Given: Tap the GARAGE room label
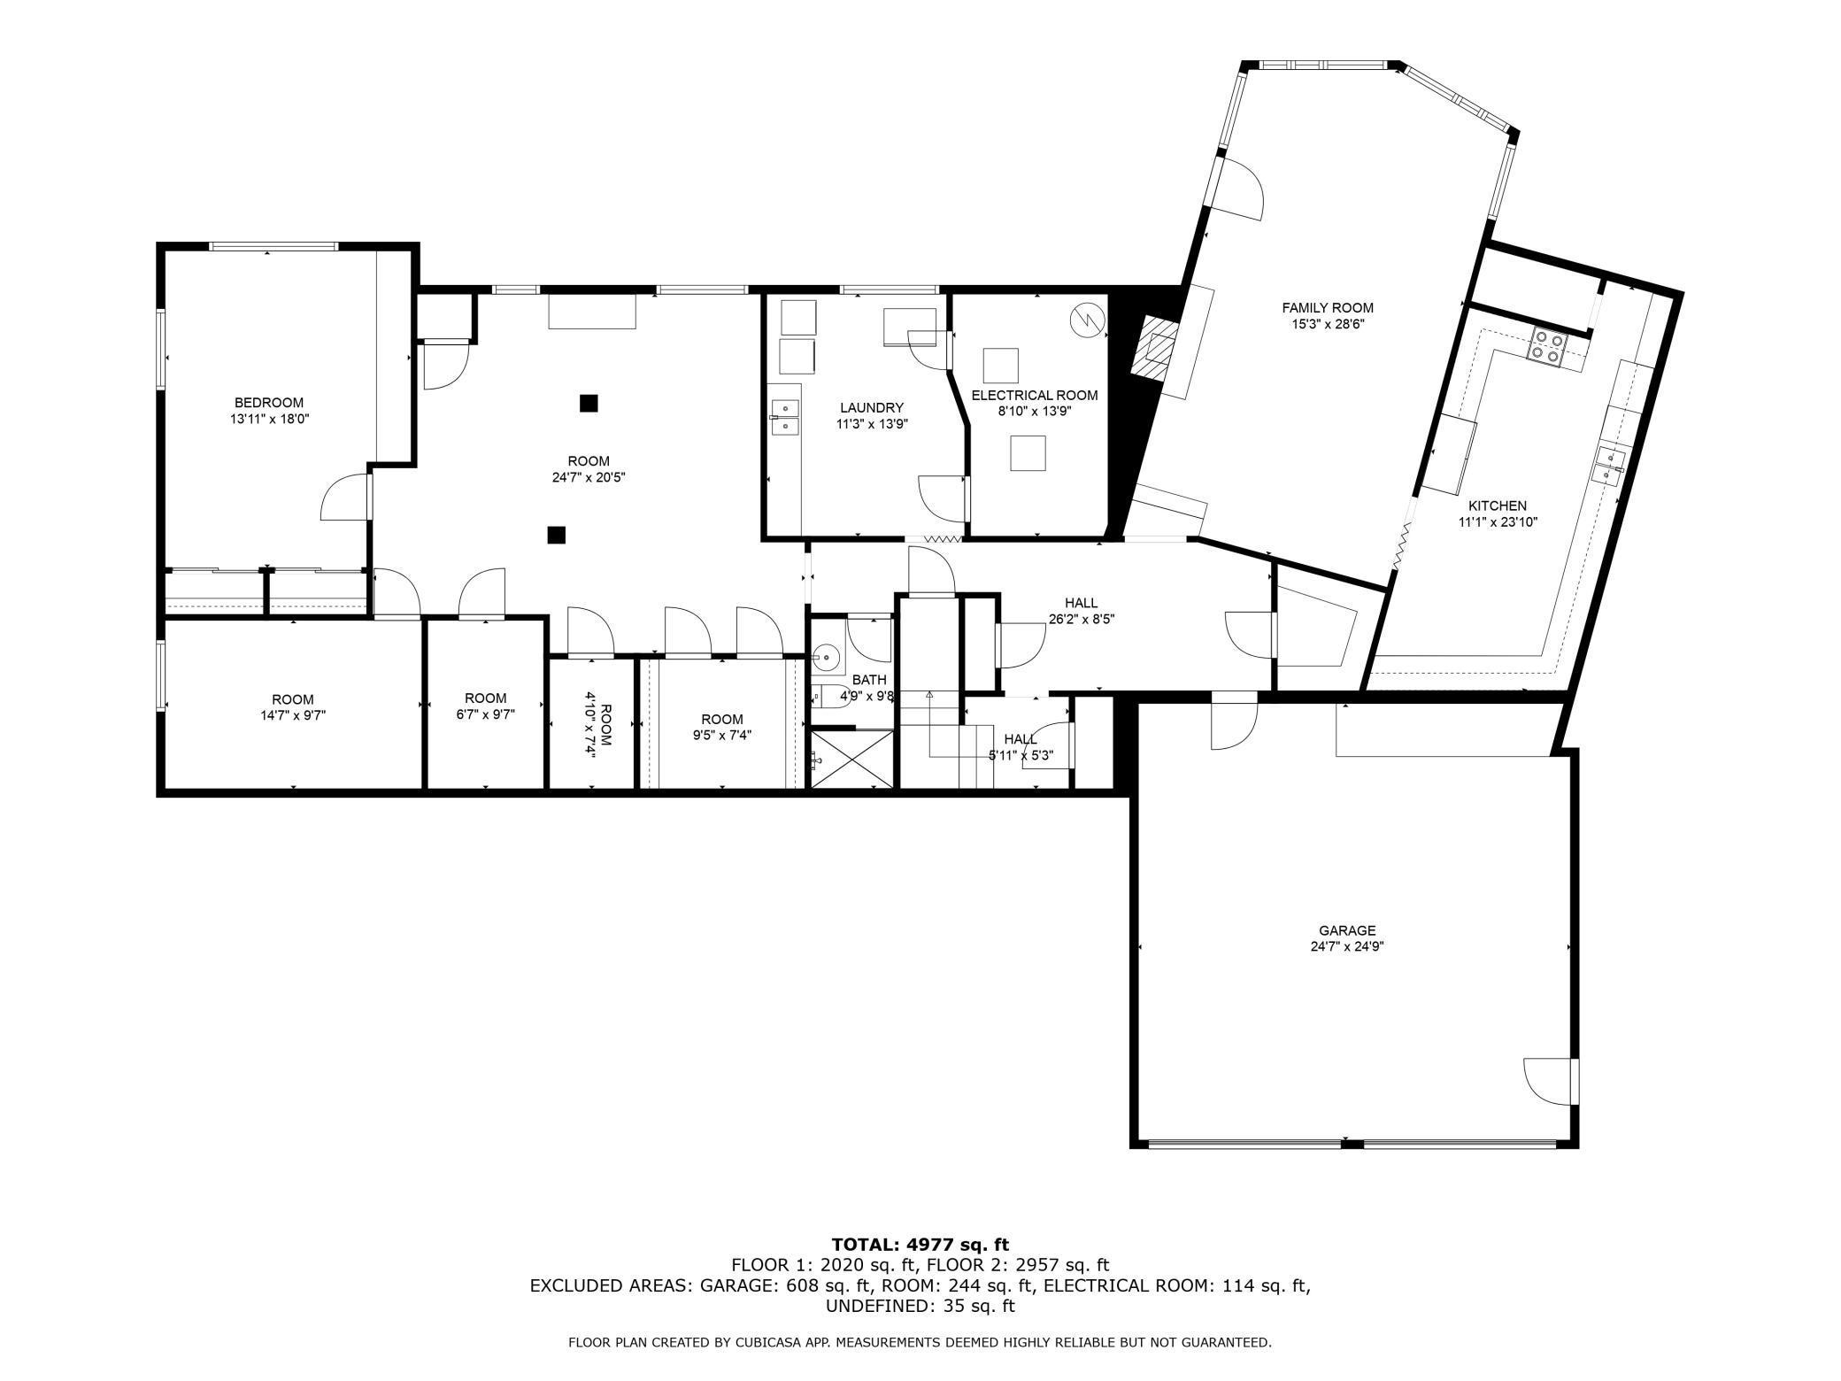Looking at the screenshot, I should coord(1347,930).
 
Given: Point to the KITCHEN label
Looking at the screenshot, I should coord(1498,505).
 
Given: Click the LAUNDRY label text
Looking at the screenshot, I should coord(872,407).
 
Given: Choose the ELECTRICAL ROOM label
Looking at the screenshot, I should coord(1035,395).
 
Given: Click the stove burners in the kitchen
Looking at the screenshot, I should coord(1546,346).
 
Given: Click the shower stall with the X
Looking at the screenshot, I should coord(853,759).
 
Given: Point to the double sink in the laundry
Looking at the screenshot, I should coord(785,417).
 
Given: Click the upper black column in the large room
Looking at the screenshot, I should coord(589,404).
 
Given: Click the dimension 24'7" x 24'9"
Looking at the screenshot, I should coord(1347,946).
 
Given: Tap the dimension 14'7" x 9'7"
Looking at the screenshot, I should coord(293,715).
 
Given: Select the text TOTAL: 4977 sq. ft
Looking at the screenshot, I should coord(920,1245).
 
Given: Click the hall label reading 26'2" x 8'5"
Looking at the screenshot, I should coord(1081,620).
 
